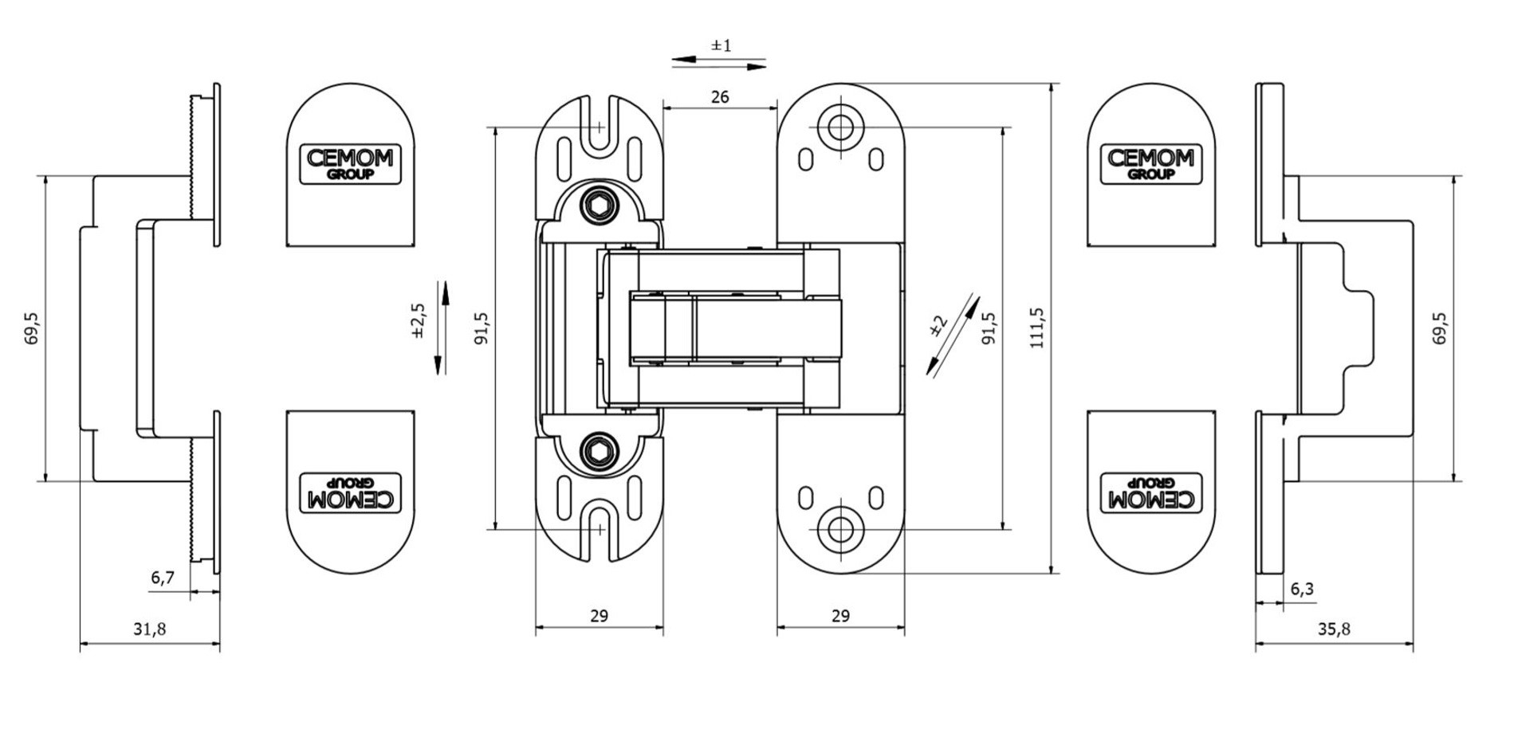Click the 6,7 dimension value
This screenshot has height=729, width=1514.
point(163,578)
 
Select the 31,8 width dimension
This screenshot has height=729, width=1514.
point(149,629)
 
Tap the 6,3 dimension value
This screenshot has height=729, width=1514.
point(1302,590)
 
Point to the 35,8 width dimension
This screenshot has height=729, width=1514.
point(1334,629)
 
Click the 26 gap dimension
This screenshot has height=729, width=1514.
point(719,97)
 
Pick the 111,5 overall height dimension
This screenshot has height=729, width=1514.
point(1036,327)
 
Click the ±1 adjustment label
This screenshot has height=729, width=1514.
point(721,46)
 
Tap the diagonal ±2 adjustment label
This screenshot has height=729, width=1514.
point(938,326)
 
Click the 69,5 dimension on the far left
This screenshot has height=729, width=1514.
point(33,327)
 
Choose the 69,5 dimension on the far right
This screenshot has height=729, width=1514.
point(1440,327)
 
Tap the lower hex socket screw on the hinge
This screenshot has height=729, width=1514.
point(599,451)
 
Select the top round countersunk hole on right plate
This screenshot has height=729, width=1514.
point(840,127)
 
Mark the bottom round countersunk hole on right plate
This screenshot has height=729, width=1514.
point(840,528)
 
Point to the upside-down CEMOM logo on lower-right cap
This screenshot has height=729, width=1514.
point(1150,493)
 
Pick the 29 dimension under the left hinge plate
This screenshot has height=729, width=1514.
point(599,616)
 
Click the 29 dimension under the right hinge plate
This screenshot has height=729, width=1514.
point(840,616)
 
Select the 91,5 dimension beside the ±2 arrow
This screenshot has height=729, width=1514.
point(989,327)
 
